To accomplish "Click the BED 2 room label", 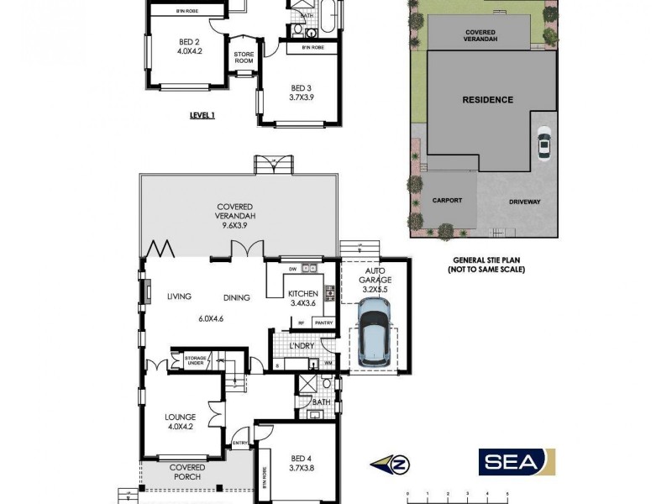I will [x=188, y=41].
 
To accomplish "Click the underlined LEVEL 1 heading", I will [x=202, y=116].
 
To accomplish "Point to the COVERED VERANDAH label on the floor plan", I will [x=235, y=211].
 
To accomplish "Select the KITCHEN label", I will [x=302, y=293].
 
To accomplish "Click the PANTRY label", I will [x=323, y=323].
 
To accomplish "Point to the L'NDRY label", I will [x=300, y=346].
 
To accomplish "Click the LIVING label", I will [x=179, y=297].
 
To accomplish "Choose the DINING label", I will [x=238, y=297].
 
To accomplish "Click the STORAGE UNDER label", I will [x=195, y=360].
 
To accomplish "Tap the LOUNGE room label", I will [x=181, y=417].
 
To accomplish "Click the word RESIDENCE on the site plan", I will [x=487, y=100].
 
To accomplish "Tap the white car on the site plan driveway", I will [x=544, y=144].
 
